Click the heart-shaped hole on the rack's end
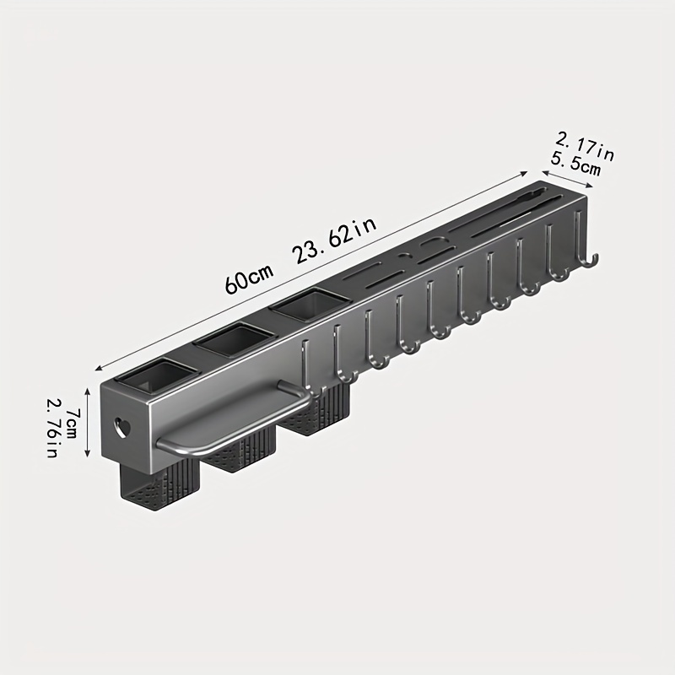121,428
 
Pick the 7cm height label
72,424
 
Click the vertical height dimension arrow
88,423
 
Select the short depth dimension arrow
567,179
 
